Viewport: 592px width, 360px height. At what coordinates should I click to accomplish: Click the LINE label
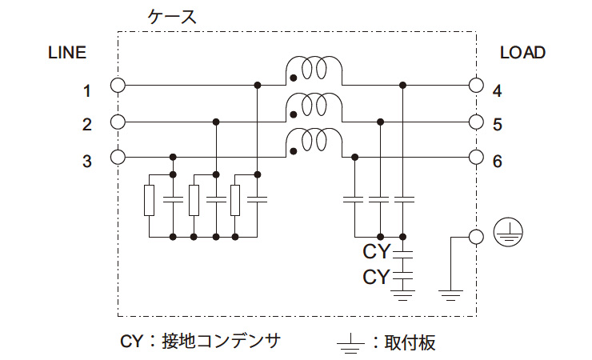point(67,53)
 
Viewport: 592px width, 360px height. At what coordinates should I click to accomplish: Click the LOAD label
point(522,53)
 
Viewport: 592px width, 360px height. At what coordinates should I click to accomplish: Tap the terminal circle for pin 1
point(118,85)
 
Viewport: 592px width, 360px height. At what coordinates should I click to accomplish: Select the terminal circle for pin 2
point(118,122)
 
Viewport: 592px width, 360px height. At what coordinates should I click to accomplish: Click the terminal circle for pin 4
point(476,85)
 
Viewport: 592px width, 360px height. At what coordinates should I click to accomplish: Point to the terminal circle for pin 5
point(476,122)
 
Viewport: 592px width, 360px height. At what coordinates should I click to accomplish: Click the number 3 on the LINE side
point(87,162)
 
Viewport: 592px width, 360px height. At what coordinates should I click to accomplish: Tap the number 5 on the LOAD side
point(497,125)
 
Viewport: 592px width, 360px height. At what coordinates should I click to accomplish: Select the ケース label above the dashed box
point(172,16)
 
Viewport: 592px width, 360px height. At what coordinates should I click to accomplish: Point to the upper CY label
point(376,252)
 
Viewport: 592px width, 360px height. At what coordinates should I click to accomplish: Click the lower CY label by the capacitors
point(376,278)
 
